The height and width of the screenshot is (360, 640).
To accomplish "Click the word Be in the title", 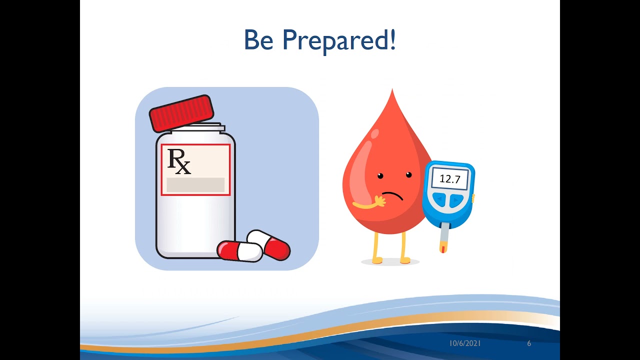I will click(x=259, y=40).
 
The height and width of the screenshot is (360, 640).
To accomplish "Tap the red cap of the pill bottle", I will click(x=181, y=113).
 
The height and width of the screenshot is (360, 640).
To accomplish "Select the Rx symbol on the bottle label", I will click(x=179, y=161).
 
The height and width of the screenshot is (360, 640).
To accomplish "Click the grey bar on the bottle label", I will click(x=195, y=184).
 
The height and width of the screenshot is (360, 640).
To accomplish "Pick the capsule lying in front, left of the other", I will click(x=239, y=251).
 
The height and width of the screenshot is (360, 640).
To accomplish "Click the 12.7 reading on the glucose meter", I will click(x=449, y=178).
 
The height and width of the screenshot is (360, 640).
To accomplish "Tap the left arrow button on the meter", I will click(x=439, y=200).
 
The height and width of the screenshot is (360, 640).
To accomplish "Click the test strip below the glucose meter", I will click(x=443, y=240).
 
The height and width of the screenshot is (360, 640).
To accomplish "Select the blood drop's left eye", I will click(x=380, y=175).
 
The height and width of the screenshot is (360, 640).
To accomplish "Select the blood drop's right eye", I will click(x=408, y=174).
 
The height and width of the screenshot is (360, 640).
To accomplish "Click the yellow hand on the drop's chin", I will click(x=379, y=201).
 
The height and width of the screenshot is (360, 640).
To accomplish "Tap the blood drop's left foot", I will click(x=376, y=260).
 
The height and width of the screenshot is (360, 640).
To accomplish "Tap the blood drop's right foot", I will click(x=405, y=260).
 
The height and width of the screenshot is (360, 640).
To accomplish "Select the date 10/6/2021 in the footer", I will click(x=465, y=343).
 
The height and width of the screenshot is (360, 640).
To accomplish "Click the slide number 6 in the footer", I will click(x=529, y=343).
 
